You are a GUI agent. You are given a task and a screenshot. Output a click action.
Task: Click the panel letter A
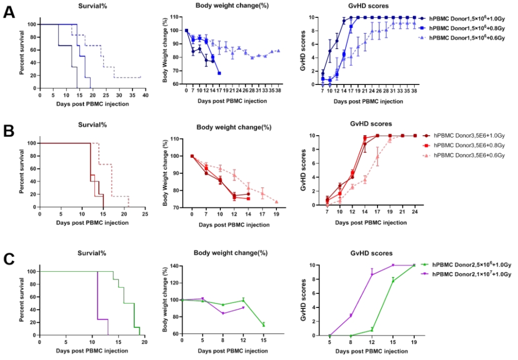pos(9,11)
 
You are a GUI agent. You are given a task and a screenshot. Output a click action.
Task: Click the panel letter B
pos(9,132)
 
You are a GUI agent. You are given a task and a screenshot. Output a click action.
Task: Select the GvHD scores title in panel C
pos(370,253)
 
